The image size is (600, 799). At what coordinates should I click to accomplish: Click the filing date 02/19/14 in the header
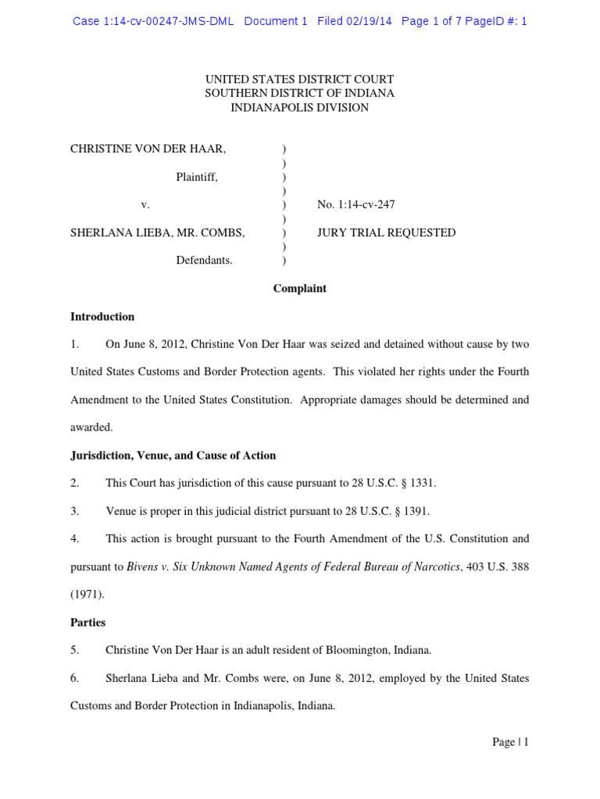371,22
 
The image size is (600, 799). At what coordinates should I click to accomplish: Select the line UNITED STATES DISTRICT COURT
299,80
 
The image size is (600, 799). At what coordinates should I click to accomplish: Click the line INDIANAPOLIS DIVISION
299,108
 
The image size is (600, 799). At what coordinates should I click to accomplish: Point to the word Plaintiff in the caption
196,177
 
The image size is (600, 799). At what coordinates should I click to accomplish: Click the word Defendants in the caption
204,261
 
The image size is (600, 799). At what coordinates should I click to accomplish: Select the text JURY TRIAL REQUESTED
386,233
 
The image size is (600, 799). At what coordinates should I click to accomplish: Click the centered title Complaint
299,289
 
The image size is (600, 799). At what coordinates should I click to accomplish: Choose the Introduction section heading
102,317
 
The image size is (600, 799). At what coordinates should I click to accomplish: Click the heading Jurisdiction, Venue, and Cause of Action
173,456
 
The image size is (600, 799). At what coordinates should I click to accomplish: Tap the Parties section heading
87,623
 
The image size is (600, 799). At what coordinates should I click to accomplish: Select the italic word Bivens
142,567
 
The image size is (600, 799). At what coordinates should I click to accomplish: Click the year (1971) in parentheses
86,595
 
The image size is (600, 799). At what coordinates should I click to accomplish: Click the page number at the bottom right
510,743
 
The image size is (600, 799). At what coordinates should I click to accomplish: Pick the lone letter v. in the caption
145,205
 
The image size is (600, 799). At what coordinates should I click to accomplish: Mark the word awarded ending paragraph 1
91,428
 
